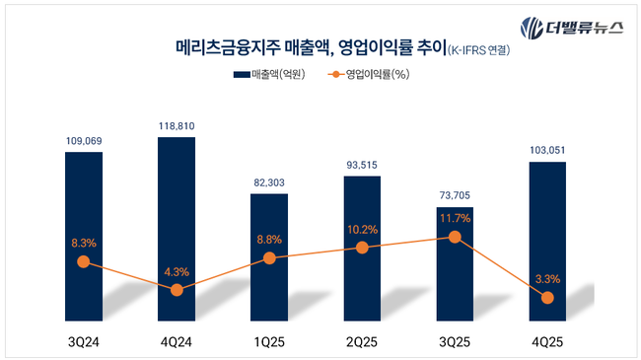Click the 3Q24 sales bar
[83, 237]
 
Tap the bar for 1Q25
[269, 256]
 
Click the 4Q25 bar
[547, 241]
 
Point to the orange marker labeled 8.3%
[83, 261]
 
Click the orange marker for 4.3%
[177, 290]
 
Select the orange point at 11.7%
[455, 237]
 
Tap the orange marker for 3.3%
[547, 297]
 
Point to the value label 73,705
[455, 196]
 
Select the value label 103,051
[547, 150]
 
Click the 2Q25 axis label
[362, 340]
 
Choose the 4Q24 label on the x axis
[177, 340]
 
